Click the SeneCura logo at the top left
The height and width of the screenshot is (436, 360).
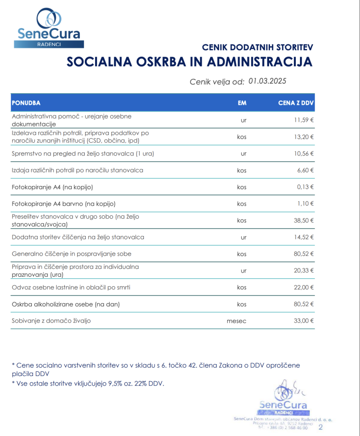pyautogui.click(x=49, y=28)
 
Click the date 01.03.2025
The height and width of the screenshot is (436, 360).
pyautogui.click(x=267, y=81)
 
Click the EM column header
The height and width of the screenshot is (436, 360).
pyautogui.click(x=242, y=103)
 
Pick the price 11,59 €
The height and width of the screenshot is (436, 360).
pyautogui.click(x=304, y=120)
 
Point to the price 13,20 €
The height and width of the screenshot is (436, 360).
pyautogui.click(x=304, y=137)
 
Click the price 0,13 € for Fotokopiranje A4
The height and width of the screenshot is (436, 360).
pyautogui.click(x=305, y=187)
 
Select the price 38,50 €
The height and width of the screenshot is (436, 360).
pyautogui.click(x=304, y=220)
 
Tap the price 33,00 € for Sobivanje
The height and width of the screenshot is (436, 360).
pyautogui.click(x=304, y=321)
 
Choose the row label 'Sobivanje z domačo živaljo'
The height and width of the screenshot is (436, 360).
pyautogui.click(x=51, y=321)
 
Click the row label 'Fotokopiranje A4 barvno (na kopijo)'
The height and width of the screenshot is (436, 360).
pyautogui.click(x=63, y=204)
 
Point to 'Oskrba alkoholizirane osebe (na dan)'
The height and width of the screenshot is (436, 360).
pyautogui.click(x=65, y=304)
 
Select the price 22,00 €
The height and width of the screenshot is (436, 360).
pyautogui.click(x=304, y=287)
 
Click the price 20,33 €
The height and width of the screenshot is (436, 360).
pyautogui.click(x=304, y=271)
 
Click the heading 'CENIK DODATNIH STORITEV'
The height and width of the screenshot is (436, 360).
pyautogui.click(x=257, y=47)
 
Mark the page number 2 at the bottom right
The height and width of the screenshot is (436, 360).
pyautogui.click(x=321, y=427)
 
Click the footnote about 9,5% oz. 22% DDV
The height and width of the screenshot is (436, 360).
pyautogui.click(x=88, y=384)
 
